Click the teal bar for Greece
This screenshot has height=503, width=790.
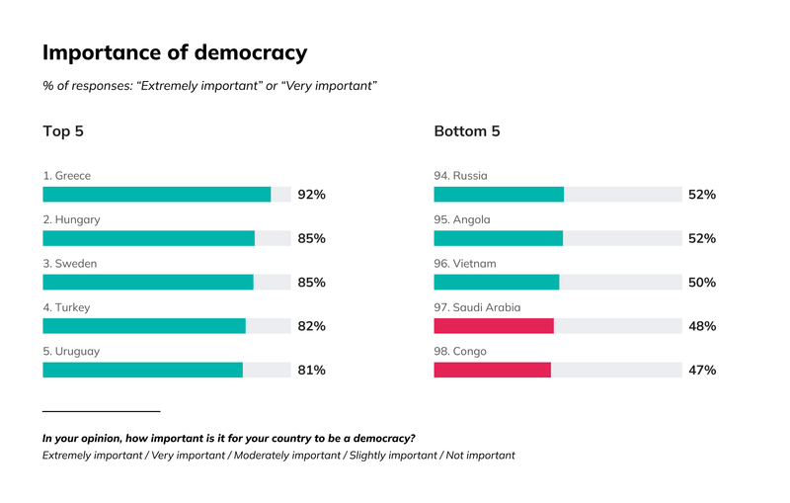pyautogui.click(x=157, y=194)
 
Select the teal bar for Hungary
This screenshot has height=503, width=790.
pyautogui.click(x=149, y=238)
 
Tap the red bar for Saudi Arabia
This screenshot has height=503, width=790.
pyautogui.click(x=494, y=325)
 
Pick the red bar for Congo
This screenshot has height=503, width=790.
pyautogui.click(x=492, y=370)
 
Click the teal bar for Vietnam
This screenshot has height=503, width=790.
pyautogui.click(x=497, y=282)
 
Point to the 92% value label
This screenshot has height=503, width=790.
pyautogui.click(x=311, y=195)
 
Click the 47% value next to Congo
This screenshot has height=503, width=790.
pyautogui.click(x=702, y=370)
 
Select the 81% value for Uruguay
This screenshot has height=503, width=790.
pyautogui.click(x=311, y=370)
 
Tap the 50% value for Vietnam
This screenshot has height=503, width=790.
pyautogui.click(x=702, y=283)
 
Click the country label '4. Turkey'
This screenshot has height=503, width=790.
pyautogui.click(x=66, y=307)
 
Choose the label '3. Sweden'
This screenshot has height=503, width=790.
pyautogui.click(x=69, y=264)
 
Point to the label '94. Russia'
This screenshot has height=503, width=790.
pyautogui.click(x=460, y=175)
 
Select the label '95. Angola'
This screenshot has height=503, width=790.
pyautogui.click(x=462, y=219)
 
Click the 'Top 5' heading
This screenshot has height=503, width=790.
pyautogui.click(x=63, y=131)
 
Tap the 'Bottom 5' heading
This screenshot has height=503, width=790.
pyautogui.click(x=467, y=131)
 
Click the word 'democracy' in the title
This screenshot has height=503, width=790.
pyautogui.click(x=251, y=53)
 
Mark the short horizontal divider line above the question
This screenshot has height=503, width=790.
pyautogui.click(x=102, y=411)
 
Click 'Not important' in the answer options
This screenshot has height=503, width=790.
pyautogui.click(x=481, y=456)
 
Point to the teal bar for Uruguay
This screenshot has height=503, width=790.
pyautogui.click(x=142, y=370)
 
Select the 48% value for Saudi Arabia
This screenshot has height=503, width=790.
pyautogui.click(x=702, y=326)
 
